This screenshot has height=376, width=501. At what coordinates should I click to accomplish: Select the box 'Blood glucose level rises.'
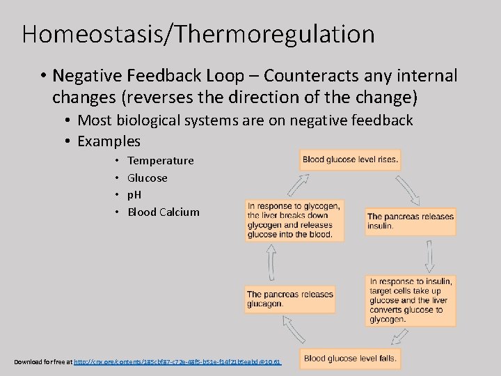[350, 159]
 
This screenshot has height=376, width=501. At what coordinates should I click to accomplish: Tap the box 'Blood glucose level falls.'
[350, 359]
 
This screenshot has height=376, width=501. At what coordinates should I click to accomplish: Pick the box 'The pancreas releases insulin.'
[411, 221]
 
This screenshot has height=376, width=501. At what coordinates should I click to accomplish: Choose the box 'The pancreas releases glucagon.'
[289, 299]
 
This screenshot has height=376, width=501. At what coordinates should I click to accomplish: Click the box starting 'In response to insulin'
[411, 301]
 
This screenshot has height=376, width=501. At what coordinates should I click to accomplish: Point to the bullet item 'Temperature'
[160, 161]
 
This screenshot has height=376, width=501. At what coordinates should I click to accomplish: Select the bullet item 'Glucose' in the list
[147, 178]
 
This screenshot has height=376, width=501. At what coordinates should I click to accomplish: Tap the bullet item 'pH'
[134, 195]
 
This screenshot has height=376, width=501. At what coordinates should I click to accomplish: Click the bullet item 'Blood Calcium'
[163, 212]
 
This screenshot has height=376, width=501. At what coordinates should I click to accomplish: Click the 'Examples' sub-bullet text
[109, 141]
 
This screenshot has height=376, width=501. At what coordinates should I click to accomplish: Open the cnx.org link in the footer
[177, 362]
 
